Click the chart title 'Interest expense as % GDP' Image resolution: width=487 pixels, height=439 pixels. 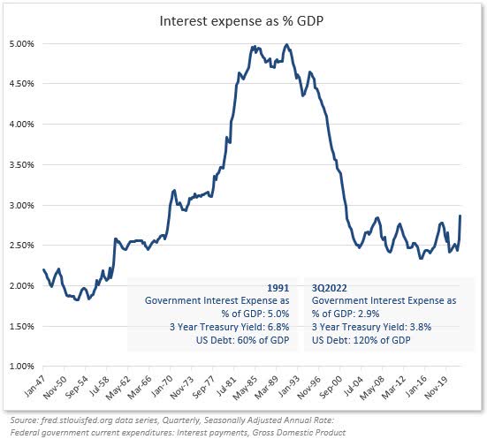click(243, 19)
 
